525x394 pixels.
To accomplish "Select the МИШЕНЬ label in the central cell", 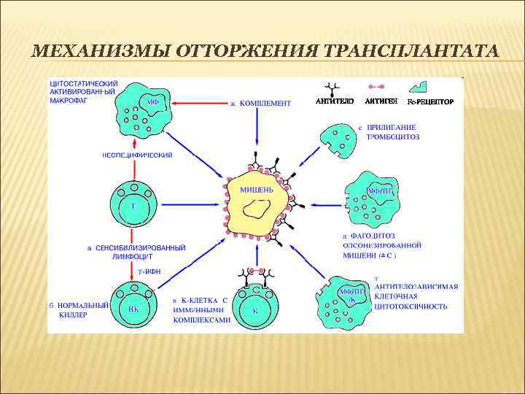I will [x=257, y=189].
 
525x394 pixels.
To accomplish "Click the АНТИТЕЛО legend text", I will [x=335, y=101].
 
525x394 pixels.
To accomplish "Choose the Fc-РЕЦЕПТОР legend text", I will [x=430, y=101].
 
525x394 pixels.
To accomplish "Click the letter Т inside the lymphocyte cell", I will [x=133, y=206].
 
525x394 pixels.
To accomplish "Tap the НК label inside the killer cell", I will [x=133, y=308].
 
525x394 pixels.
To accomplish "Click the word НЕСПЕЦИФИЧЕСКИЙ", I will [x=136, y=155].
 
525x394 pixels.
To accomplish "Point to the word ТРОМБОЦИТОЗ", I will [x=393, y=136].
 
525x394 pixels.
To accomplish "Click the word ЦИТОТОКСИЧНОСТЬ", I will [x=411, y=307].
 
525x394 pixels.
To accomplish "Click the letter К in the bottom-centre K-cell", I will [x=255, y=310].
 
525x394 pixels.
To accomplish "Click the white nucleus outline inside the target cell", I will [x=256, y=209].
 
